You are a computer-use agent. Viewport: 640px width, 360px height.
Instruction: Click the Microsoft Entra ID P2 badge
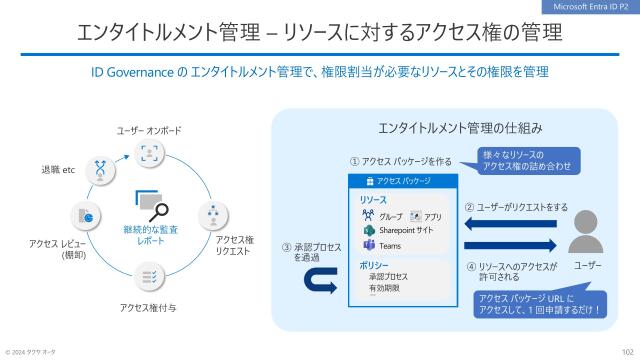click(590, 7)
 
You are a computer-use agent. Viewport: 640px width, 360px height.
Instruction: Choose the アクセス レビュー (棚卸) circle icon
click(83, 215)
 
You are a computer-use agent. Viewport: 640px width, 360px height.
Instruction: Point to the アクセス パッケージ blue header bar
click(402, 182)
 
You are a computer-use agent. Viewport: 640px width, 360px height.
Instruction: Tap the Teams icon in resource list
click(368, 245)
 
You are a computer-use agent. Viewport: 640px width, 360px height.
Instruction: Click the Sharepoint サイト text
click(405, 230)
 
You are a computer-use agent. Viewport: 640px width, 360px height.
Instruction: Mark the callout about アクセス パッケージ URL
click(540, 304)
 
